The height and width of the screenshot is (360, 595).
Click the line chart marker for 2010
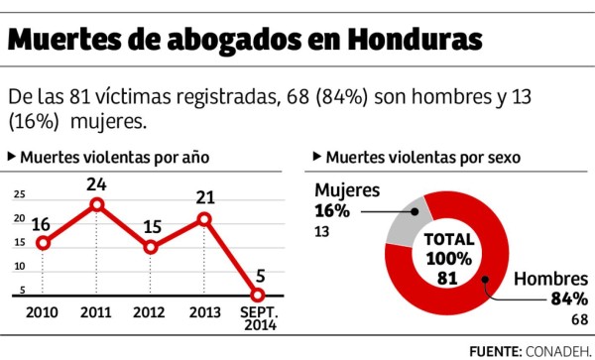tap(42, 243)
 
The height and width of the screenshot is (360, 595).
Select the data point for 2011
tap(96, 205)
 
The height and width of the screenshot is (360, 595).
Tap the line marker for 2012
tap(151, 247)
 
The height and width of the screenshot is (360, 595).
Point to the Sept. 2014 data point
tap(258, 295)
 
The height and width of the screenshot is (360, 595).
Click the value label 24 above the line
tap(96, 183)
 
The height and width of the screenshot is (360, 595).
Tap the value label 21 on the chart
tap(204, 196)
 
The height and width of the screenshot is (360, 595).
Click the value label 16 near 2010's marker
tap(42, 222)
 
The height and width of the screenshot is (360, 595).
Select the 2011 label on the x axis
tap(96, 313)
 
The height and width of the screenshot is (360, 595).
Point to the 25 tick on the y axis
tap(20, 194)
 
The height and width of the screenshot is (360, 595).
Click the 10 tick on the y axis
tap(20, 267)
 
